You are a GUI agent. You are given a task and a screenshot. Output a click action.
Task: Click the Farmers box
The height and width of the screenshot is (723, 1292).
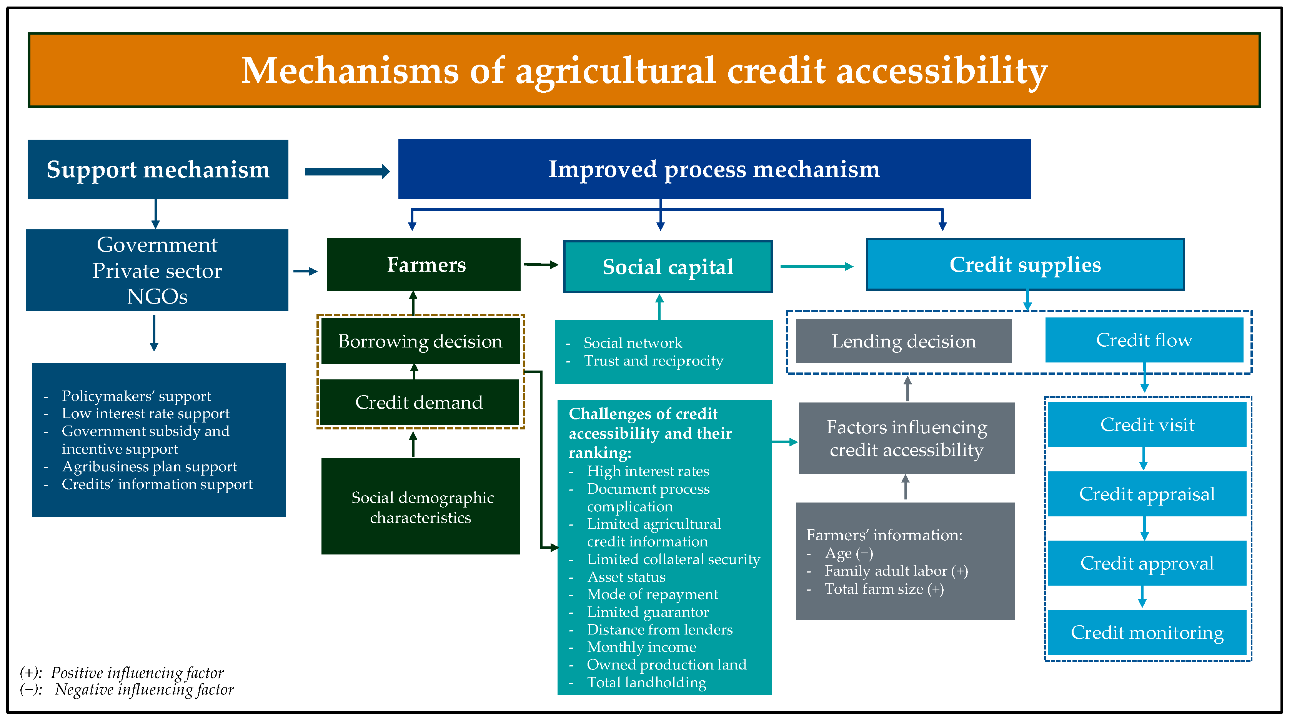coord(423,264)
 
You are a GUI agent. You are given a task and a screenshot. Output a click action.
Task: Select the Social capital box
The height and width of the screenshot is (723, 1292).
coord(667,266)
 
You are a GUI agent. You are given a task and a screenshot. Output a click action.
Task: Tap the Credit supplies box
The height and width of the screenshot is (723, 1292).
coord(1025,264)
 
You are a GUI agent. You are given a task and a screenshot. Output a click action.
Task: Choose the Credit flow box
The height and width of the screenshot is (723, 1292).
coord(1144,340)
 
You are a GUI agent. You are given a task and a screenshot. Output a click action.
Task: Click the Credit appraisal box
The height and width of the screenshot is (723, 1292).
coord(1147,494)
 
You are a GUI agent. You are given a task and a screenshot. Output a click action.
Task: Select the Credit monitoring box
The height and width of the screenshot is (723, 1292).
coord(1147,632)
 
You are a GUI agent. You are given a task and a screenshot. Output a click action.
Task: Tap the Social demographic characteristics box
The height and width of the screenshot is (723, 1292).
coord(420,506)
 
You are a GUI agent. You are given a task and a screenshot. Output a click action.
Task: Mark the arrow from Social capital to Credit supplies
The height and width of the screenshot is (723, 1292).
coord(816,266)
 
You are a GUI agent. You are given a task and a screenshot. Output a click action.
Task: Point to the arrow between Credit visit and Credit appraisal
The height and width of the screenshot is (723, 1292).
coord(1144,459)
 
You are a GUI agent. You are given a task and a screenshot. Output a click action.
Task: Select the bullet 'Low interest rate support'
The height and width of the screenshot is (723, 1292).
coord(145,413)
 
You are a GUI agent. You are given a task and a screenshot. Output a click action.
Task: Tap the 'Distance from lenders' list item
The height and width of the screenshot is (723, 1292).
coord(659,629)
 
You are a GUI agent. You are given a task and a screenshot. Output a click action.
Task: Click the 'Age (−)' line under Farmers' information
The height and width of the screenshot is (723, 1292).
coord(849,553)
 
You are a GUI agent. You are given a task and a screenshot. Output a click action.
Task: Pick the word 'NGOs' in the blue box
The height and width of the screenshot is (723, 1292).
coord(157,297)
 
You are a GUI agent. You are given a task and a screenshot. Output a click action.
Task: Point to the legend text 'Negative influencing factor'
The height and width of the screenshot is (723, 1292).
coord(145,690)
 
